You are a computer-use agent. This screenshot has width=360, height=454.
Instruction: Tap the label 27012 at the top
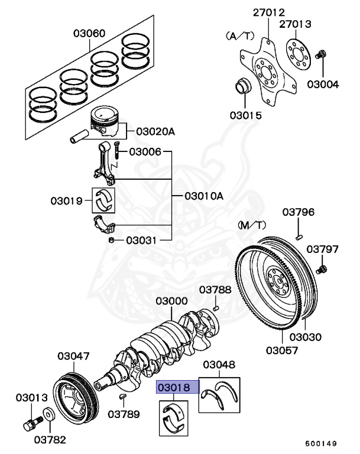click(269, 12)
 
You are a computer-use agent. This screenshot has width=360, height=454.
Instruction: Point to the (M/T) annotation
click(252, 225)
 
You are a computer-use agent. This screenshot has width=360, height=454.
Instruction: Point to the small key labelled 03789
click(122, 395)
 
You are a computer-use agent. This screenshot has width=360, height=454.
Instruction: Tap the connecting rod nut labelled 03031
click(111, 241)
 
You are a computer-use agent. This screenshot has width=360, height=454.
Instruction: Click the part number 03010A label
click(203, 196)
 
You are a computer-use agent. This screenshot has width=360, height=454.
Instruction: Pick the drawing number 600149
click(321, 443)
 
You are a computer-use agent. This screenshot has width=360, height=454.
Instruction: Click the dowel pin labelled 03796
click(300, 235)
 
